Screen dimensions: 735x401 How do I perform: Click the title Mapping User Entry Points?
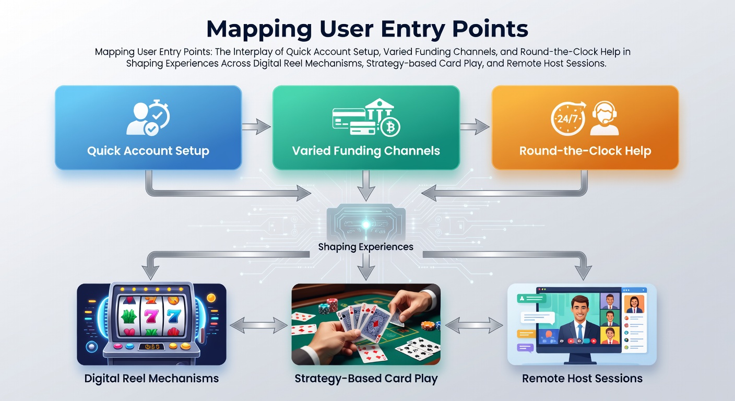click(367, 29)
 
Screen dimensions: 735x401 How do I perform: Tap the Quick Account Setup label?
click(148, 151)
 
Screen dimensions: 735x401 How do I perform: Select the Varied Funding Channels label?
click(366, 151)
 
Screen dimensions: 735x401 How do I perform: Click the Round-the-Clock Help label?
click(585, 151)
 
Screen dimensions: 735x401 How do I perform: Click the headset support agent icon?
click(604, 118)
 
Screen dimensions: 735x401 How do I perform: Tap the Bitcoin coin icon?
click(390, 127)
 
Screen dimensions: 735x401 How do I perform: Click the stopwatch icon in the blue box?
click(158, 113)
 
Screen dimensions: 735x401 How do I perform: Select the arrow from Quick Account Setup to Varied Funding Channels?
click(256, 127)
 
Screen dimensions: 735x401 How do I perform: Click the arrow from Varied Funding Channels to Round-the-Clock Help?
click(475, 127)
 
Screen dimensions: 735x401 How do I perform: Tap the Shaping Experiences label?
click(366, 247)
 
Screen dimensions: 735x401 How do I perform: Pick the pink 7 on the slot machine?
click(151, 316)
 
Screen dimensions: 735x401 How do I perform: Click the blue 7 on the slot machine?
click(174, 316)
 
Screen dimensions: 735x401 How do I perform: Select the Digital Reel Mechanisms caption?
click(151, 379)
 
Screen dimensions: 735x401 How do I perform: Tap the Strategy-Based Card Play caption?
click(366, 379)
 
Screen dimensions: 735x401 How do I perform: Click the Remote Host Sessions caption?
click(582, 379)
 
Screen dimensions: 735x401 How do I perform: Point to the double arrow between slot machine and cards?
click(258, 325)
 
